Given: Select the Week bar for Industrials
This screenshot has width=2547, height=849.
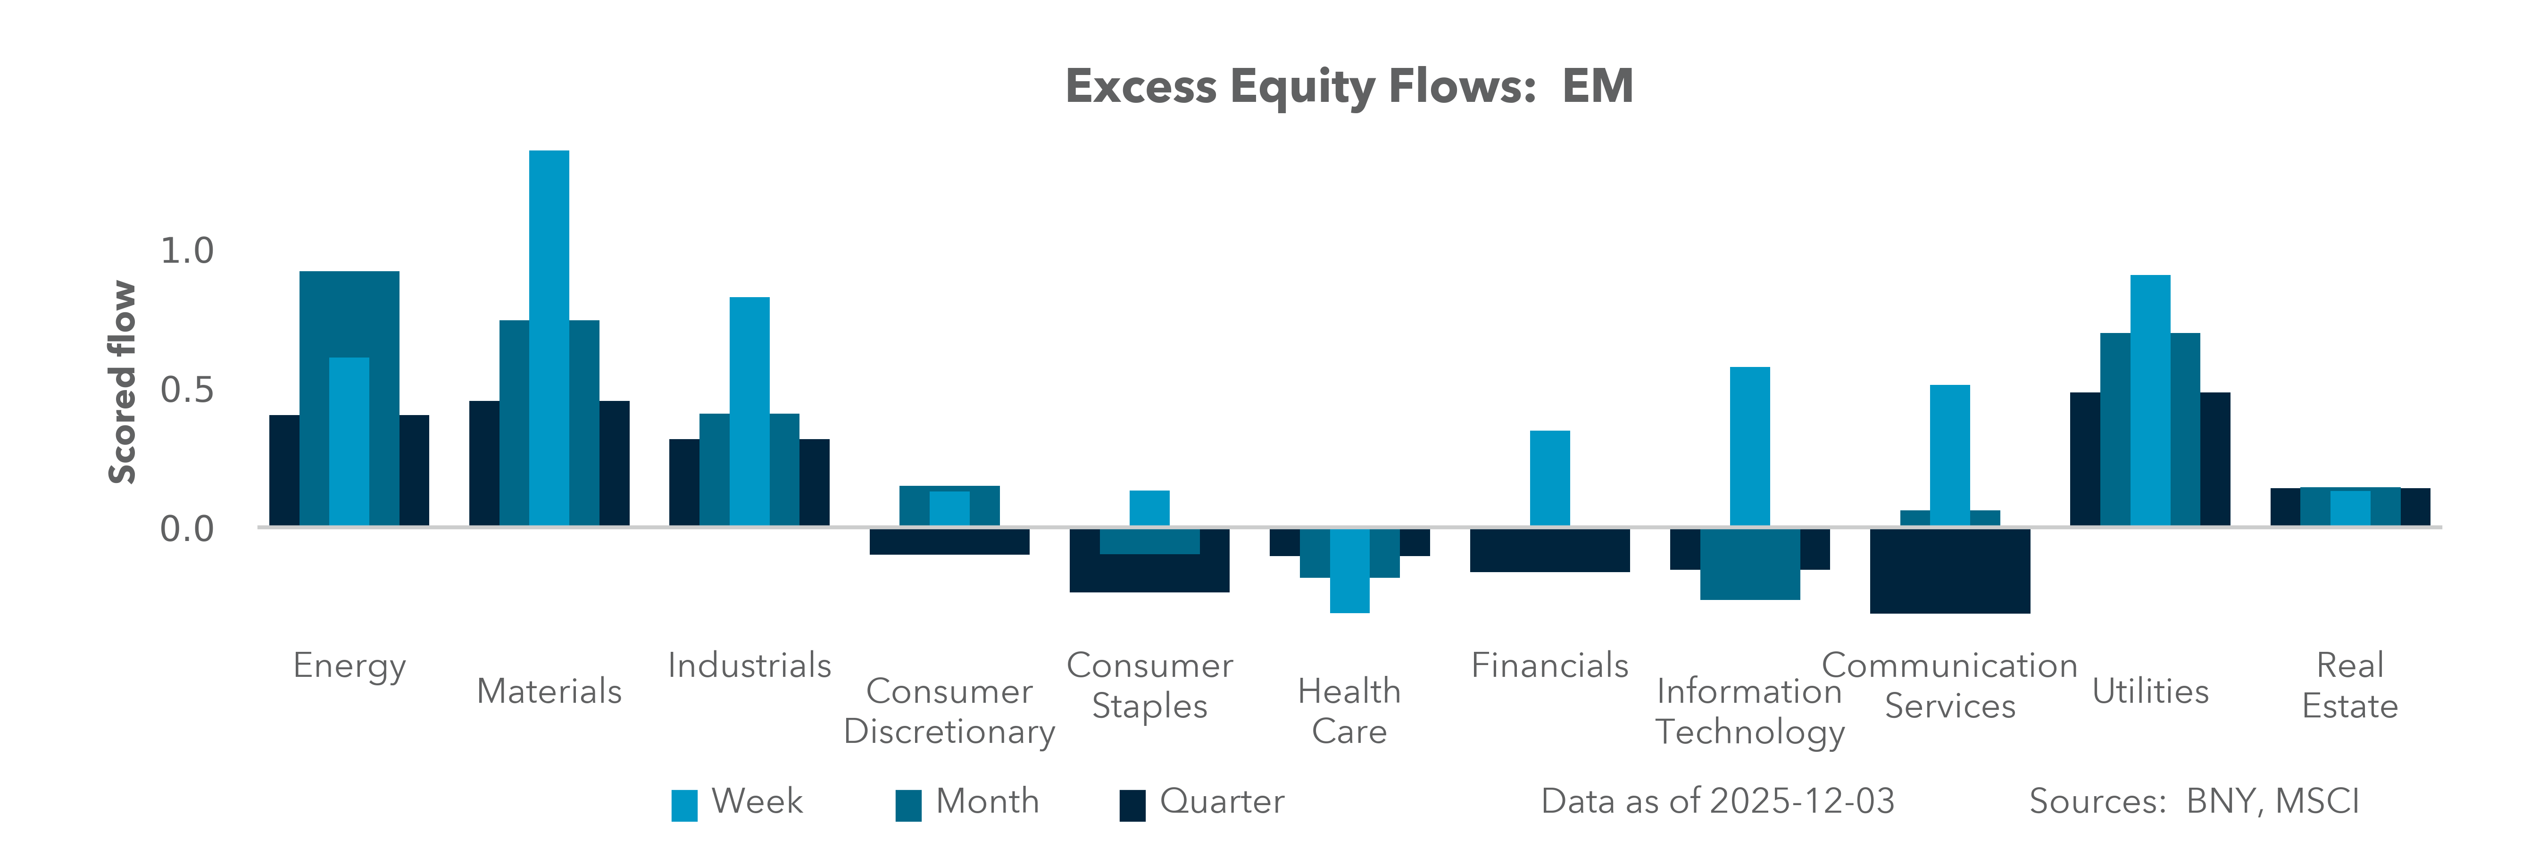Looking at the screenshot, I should pos(749,410).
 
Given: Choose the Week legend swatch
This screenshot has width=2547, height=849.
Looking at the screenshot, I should pos(684,805).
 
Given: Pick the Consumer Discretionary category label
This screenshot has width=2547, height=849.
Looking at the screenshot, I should pos(949,712).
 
